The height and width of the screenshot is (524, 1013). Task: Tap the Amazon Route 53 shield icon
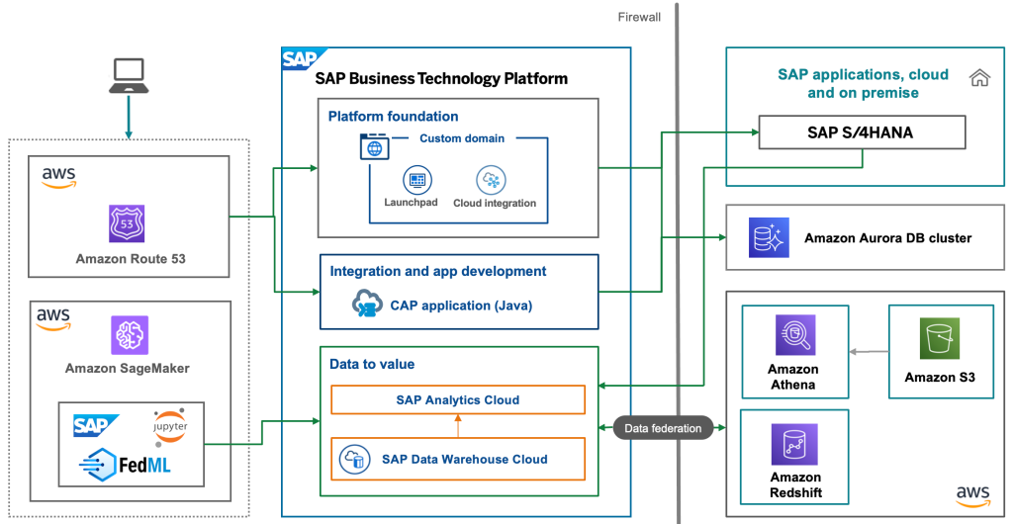(127, 223)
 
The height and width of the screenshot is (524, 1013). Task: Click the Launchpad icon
(416, 181)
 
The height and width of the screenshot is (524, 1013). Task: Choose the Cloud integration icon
(492, 181)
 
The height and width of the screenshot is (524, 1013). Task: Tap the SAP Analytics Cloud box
(458, 399)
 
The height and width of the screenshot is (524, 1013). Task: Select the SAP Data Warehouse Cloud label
(464, 459)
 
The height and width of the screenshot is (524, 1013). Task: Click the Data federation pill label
(662, 428)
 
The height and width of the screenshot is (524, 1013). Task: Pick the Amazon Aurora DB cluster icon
(769, 237)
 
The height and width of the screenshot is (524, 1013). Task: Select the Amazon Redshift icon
(794, 444)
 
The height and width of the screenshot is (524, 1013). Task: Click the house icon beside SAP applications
(979, 77)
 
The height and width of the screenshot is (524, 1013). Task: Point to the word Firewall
(639, 17)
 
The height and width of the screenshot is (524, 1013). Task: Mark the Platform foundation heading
(393, 116)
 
